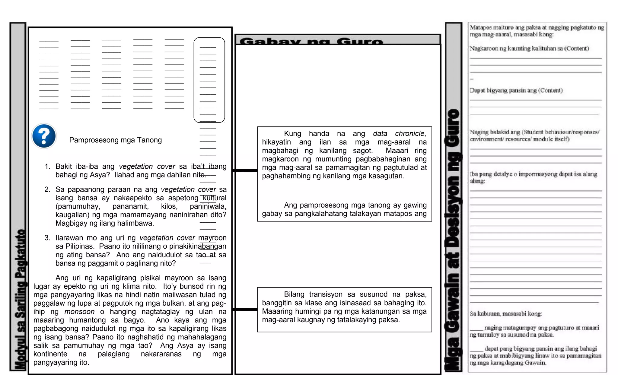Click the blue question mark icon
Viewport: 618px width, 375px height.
(44, 136)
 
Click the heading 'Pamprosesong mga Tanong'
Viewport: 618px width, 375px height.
(115, 140)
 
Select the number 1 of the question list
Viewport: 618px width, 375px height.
(47, 167)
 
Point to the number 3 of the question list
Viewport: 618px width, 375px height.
(47, 238)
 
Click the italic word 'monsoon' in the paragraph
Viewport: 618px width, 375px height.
(79, 312)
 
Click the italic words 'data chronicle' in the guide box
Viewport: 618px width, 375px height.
(399, 134)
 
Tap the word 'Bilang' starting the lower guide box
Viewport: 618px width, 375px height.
(294, 294)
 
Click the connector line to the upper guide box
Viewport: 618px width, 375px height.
(245, 170)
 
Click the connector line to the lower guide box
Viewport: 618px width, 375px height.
(245, 309)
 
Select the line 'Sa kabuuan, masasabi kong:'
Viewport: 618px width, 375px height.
(506, 314)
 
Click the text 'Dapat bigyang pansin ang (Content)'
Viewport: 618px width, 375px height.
(516, 91)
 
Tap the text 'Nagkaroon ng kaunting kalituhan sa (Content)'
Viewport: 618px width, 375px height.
(529, 49)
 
